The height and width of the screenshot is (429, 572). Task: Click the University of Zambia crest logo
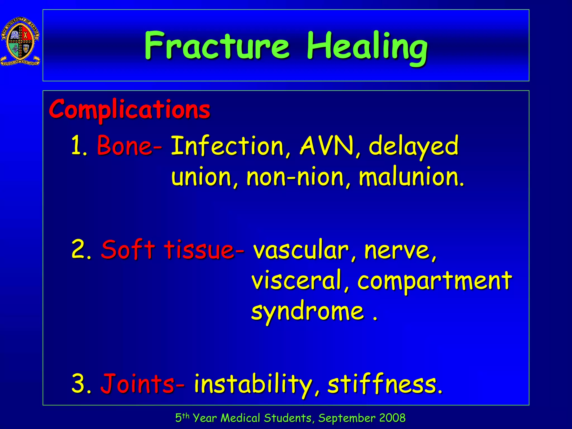click(x=20, y=41)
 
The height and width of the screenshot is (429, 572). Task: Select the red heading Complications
click(x=129, y=109)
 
